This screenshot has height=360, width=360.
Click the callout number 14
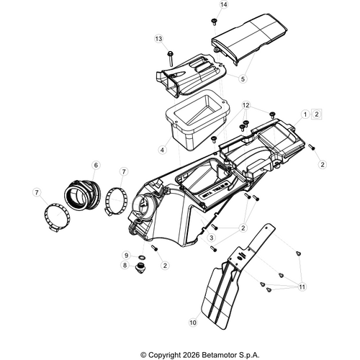(x=224, y=5)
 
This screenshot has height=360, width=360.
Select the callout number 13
(x=158, y=39)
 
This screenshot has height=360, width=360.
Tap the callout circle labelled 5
(x=243, y=78)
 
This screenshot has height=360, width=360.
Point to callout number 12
(x=246, y=105)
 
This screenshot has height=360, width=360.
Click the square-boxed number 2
(x=317, y=114)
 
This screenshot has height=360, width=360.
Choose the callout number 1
(x=305, y=114)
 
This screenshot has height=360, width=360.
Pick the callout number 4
(x=163, y=150)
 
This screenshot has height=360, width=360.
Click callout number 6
(x=96, y=165)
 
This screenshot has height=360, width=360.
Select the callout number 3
(x=212, y=238)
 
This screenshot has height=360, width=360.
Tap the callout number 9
(x=127, y=255)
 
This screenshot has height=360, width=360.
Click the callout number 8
(x=125, y=265)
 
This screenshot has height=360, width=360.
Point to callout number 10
(x=193, y=323)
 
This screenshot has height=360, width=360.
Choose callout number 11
(x=302, y=287)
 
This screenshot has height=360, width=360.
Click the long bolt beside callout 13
(x=171, y=58)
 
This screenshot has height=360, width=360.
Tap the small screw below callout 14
(x=214, y=22)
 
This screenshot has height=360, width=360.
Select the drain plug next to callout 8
(x=139, y=267)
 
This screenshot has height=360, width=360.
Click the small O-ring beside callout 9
(x=142, y=258)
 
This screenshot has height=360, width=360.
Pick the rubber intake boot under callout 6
(x=83, y=195)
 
